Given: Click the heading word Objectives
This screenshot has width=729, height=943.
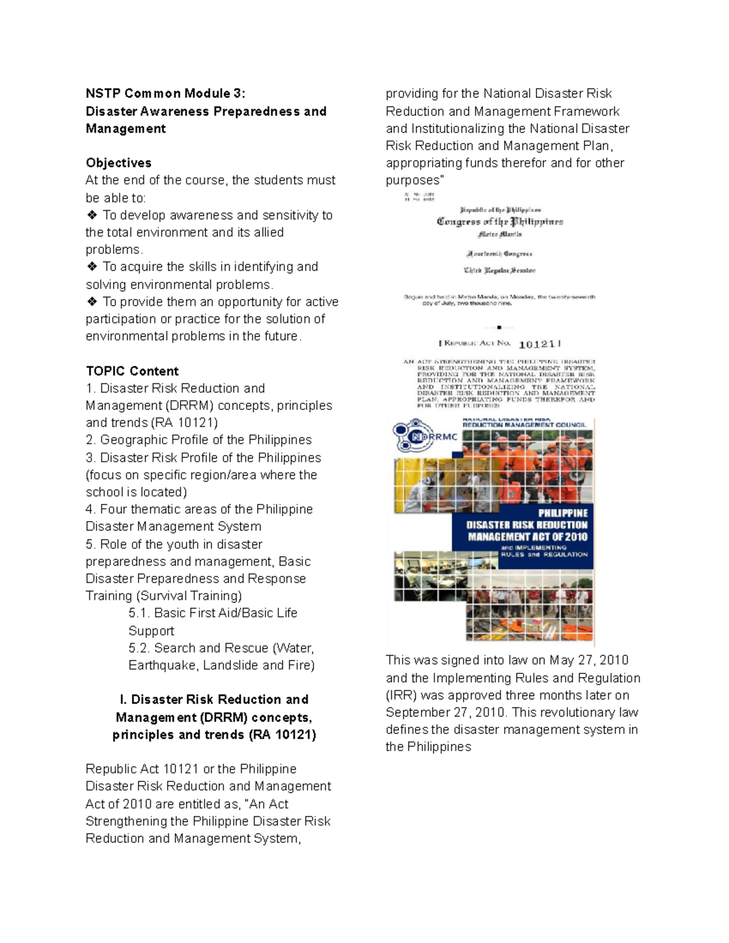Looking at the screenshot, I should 118,163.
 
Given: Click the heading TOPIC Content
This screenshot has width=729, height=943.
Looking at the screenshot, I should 132,371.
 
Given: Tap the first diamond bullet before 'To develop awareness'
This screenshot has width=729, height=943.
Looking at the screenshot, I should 92,215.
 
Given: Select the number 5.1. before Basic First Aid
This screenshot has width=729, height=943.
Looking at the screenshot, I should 139,613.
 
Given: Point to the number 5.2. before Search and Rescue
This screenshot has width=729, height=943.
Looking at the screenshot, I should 139,648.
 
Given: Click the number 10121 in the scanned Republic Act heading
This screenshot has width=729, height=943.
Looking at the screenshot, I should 536,344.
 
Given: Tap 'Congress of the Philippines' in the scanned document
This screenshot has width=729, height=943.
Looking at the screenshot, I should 500,222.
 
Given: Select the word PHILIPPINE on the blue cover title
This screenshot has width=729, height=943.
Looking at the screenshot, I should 563,513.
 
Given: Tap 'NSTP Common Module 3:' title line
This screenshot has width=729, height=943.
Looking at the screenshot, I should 165,94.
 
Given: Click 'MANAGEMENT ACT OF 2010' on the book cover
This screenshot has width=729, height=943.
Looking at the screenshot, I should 527,537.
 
